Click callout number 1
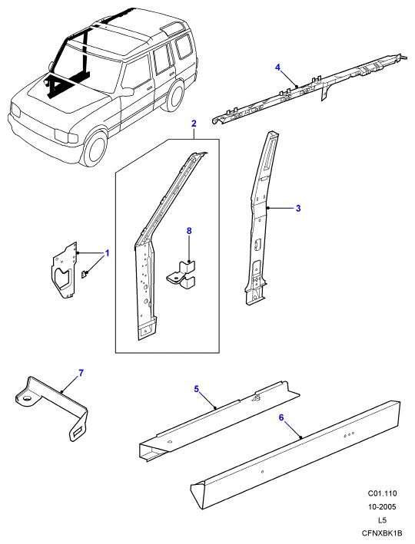(107, 253)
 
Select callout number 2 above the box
(194, 124)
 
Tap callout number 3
(298, 208)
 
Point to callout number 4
(277, 68)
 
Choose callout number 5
(197, 389)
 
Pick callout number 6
(281, 417)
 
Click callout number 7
(81, 373)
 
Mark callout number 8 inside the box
(189, 231)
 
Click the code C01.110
(382, 493)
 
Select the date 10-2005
(382, 507)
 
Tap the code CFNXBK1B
(382, 533)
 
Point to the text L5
(382, 520)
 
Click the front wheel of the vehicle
(95, 150)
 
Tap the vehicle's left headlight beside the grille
(65, 136)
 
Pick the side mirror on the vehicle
(127, 92)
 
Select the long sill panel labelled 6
(295, 455)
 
